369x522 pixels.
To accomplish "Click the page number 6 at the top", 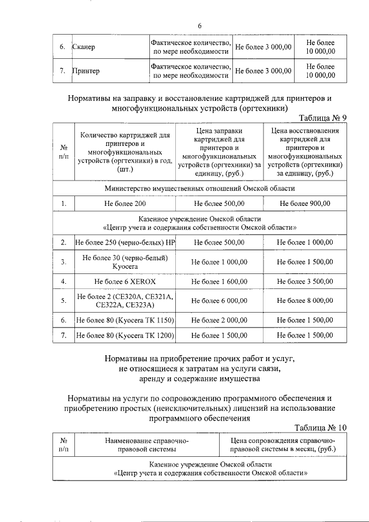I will point(199,26).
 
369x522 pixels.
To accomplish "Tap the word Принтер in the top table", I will point(86,71).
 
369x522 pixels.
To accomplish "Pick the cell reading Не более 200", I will point(125,203).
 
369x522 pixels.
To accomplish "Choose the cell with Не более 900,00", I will point(304,203).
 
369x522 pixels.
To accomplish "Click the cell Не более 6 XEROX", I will point(125,281).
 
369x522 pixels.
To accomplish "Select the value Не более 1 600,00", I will point(219,281).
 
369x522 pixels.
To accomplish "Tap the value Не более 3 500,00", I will point(304,281).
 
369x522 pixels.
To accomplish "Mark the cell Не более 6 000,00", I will point(219,301).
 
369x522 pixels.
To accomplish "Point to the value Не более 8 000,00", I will point(304,301).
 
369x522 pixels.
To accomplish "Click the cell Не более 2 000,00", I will point(219,320).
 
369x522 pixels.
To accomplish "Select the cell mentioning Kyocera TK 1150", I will point(125,320).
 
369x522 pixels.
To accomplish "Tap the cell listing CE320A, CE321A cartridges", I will point(125,301).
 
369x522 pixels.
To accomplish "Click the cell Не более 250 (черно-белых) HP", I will point(125,242).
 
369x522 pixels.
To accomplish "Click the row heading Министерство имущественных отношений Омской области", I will point(199,189).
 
